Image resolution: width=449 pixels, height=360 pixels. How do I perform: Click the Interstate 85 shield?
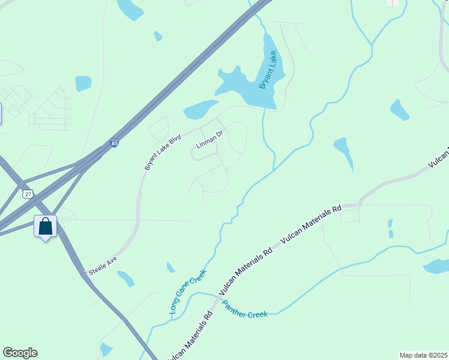(115, 143)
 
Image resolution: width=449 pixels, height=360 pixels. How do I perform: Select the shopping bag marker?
(45, 226)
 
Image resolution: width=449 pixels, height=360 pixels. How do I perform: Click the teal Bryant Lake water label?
(268, 70)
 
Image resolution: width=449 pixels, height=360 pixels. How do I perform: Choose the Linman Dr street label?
(209, 144)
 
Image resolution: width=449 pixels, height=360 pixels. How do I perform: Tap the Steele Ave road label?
(103, 265)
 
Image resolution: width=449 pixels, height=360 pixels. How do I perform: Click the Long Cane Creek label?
(188, 292)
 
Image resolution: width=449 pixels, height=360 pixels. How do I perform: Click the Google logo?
(20, 353)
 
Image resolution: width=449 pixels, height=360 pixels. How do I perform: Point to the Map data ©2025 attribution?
(423, 355)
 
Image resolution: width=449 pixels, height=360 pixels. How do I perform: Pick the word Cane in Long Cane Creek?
(187, 293)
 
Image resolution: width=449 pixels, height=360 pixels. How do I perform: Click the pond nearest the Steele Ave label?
(125, 278)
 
